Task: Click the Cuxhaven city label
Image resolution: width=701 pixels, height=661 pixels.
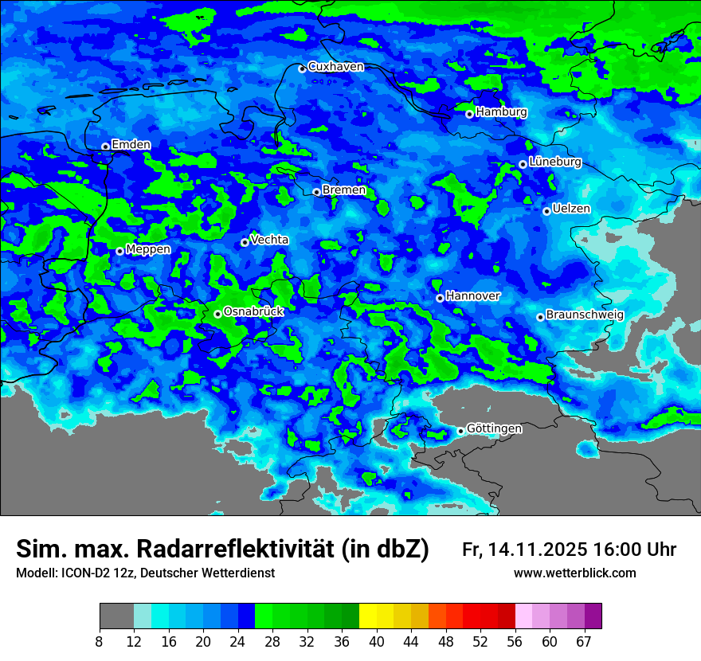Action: pos(335,67)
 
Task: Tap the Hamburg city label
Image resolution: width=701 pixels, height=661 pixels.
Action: pos(501,112)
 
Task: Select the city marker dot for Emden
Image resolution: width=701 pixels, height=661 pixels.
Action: pos(105,147)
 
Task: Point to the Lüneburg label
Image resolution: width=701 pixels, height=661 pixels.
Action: pos(554,162)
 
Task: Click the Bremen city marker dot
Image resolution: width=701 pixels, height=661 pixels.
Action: pos(316,192)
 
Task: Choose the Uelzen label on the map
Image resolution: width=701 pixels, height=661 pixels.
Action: pos(571,209)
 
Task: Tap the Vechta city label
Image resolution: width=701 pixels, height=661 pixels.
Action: pos(269,240)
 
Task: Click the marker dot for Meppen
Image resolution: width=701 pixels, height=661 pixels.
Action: pos(119,252)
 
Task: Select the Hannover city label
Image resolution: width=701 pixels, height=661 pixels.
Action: pos(472,296)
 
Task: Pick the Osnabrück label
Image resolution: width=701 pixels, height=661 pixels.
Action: pos(253,312)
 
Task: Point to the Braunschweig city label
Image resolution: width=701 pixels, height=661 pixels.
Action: pos(585,315)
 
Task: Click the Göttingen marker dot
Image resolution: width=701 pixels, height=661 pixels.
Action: pos(460,431)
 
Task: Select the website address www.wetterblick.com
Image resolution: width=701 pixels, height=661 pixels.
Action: pos(574,573)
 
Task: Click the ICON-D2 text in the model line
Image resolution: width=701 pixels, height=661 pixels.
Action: pos(85,573)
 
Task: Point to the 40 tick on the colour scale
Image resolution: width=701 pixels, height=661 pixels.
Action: pos(377,642)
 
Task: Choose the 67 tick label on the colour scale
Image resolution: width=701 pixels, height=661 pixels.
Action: pos(584,642)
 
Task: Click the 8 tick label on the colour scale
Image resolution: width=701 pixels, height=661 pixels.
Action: pos(100,642)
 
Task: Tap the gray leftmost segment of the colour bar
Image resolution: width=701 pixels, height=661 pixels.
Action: pos(116,616)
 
